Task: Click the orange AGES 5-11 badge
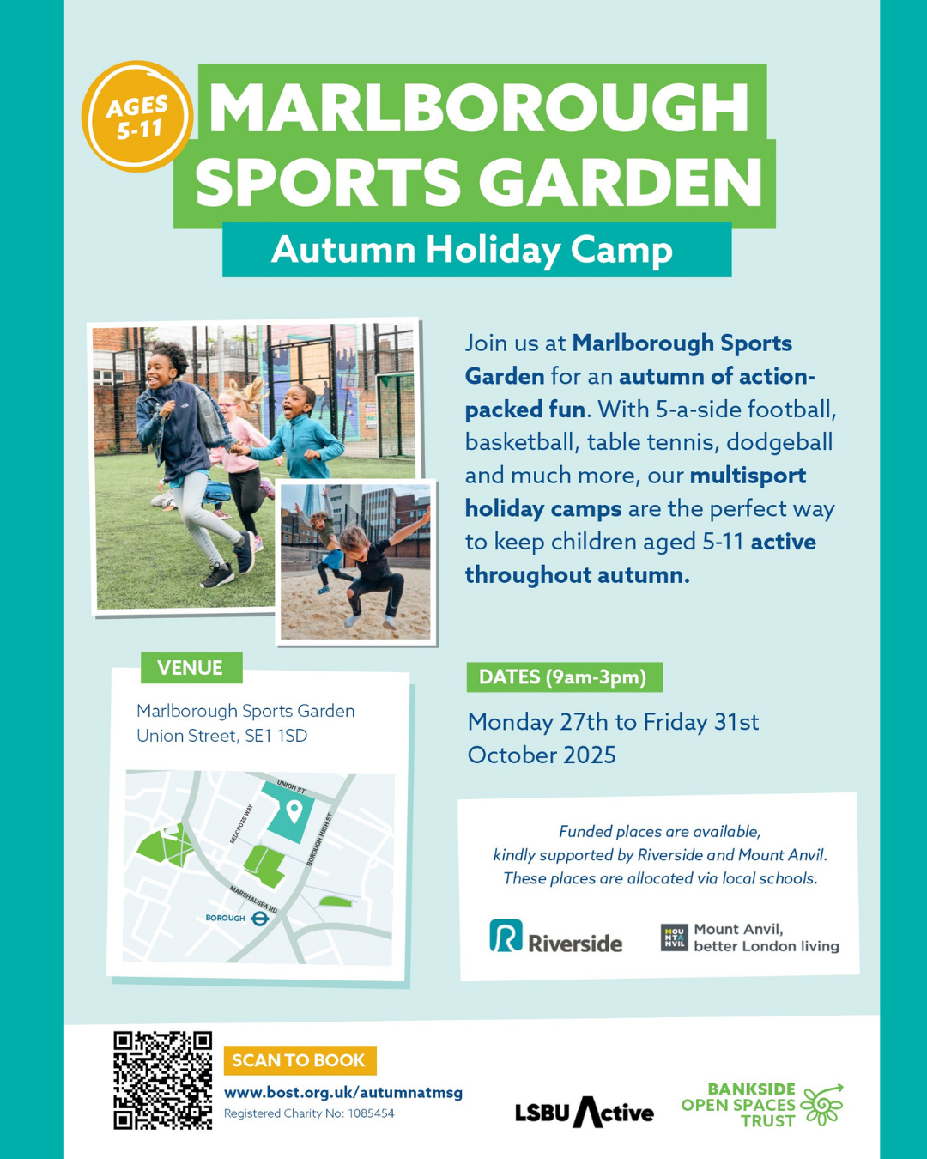click(x=136, y=117)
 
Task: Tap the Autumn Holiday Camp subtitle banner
click(x=476, y=250)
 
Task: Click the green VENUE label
click(x=191, y=668)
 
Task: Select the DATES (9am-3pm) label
click(x=565, y=677)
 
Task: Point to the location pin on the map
click(x=294, y=811)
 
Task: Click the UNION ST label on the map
click(x=292, y=786)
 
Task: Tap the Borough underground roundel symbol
click(x=259, y=919)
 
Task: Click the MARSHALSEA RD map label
click(x=253, y=900)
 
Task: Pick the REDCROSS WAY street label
click(x=241, y=823)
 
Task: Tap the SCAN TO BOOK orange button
click(x=300, y=1060)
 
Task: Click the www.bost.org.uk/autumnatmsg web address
click(x=343, y=1093)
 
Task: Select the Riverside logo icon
click(x=506, y=936)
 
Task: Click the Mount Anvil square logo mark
click(x=675, y=938)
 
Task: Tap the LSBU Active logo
click(x=585, y=1112)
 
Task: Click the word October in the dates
click(x=506, y=755)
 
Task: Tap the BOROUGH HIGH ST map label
click(x=319, y=840)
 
